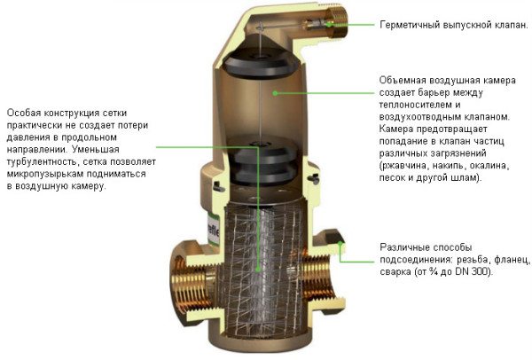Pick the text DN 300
(472, 271)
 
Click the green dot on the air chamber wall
(275, 92)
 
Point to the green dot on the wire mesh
(258, 270)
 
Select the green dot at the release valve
(328, 24)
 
